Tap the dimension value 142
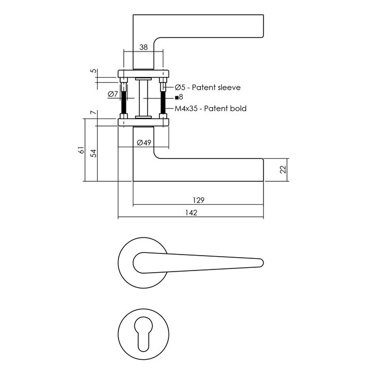pyautogui.click(x=191, y=213)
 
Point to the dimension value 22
pyautogui.click(x=283, y=170)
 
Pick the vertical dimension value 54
pyautogui.click(x=94, y=153)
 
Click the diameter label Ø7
pyautogui.click(x=113, y=95)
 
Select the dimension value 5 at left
pyautogui.click(x=92, y=71)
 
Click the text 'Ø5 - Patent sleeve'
pyautogui.click(x=208, y=87)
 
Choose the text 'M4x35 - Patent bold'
pyautogui.click(x=210, y=108)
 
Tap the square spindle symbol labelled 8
pyautogui.click(x=176, y=97)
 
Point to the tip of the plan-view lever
pyautogui.click(x=261, y=261)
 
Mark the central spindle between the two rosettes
pyautogui.click(x=143, y=98)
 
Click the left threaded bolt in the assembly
pyautogui.click(x=124, y=101)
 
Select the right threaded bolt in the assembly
pyautogui.click(x=163, y=101)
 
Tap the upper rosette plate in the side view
pyautogui.click(x=143, y=74)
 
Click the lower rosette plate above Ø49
pyautogui.click(x=143, y=122)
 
